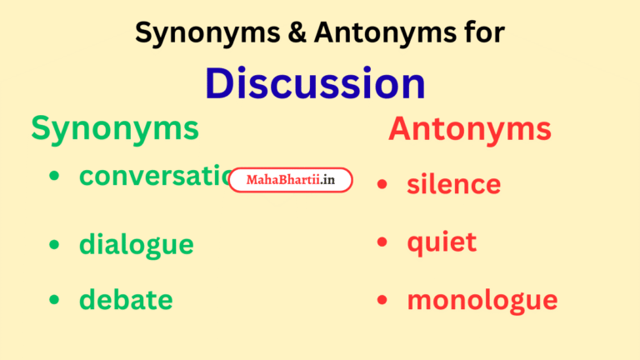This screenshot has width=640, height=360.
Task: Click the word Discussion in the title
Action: (315, 83)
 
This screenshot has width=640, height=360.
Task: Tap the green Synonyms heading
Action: (115, 128)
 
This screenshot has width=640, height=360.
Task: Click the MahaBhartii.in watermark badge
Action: (290, 180)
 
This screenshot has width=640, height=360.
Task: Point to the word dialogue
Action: (136, 244)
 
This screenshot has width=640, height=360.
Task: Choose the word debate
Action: (126, 300)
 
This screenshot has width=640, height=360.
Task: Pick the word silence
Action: (453, 184)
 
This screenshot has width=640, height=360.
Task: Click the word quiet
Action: (442, 242)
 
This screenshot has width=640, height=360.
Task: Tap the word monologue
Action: (482, 300)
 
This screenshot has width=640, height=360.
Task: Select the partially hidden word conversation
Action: (154, 176)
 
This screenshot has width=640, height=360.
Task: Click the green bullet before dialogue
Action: (54, 244)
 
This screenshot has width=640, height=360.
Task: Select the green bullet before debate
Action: (54, 300)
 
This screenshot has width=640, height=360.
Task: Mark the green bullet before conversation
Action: (54, 176)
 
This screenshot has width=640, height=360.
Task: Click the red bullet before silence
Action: (382, 184)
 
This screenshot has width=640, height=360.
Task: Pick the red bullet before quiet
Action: (382, 242)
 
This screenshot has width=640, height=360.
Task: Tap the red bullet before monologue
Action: (382, 300)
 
